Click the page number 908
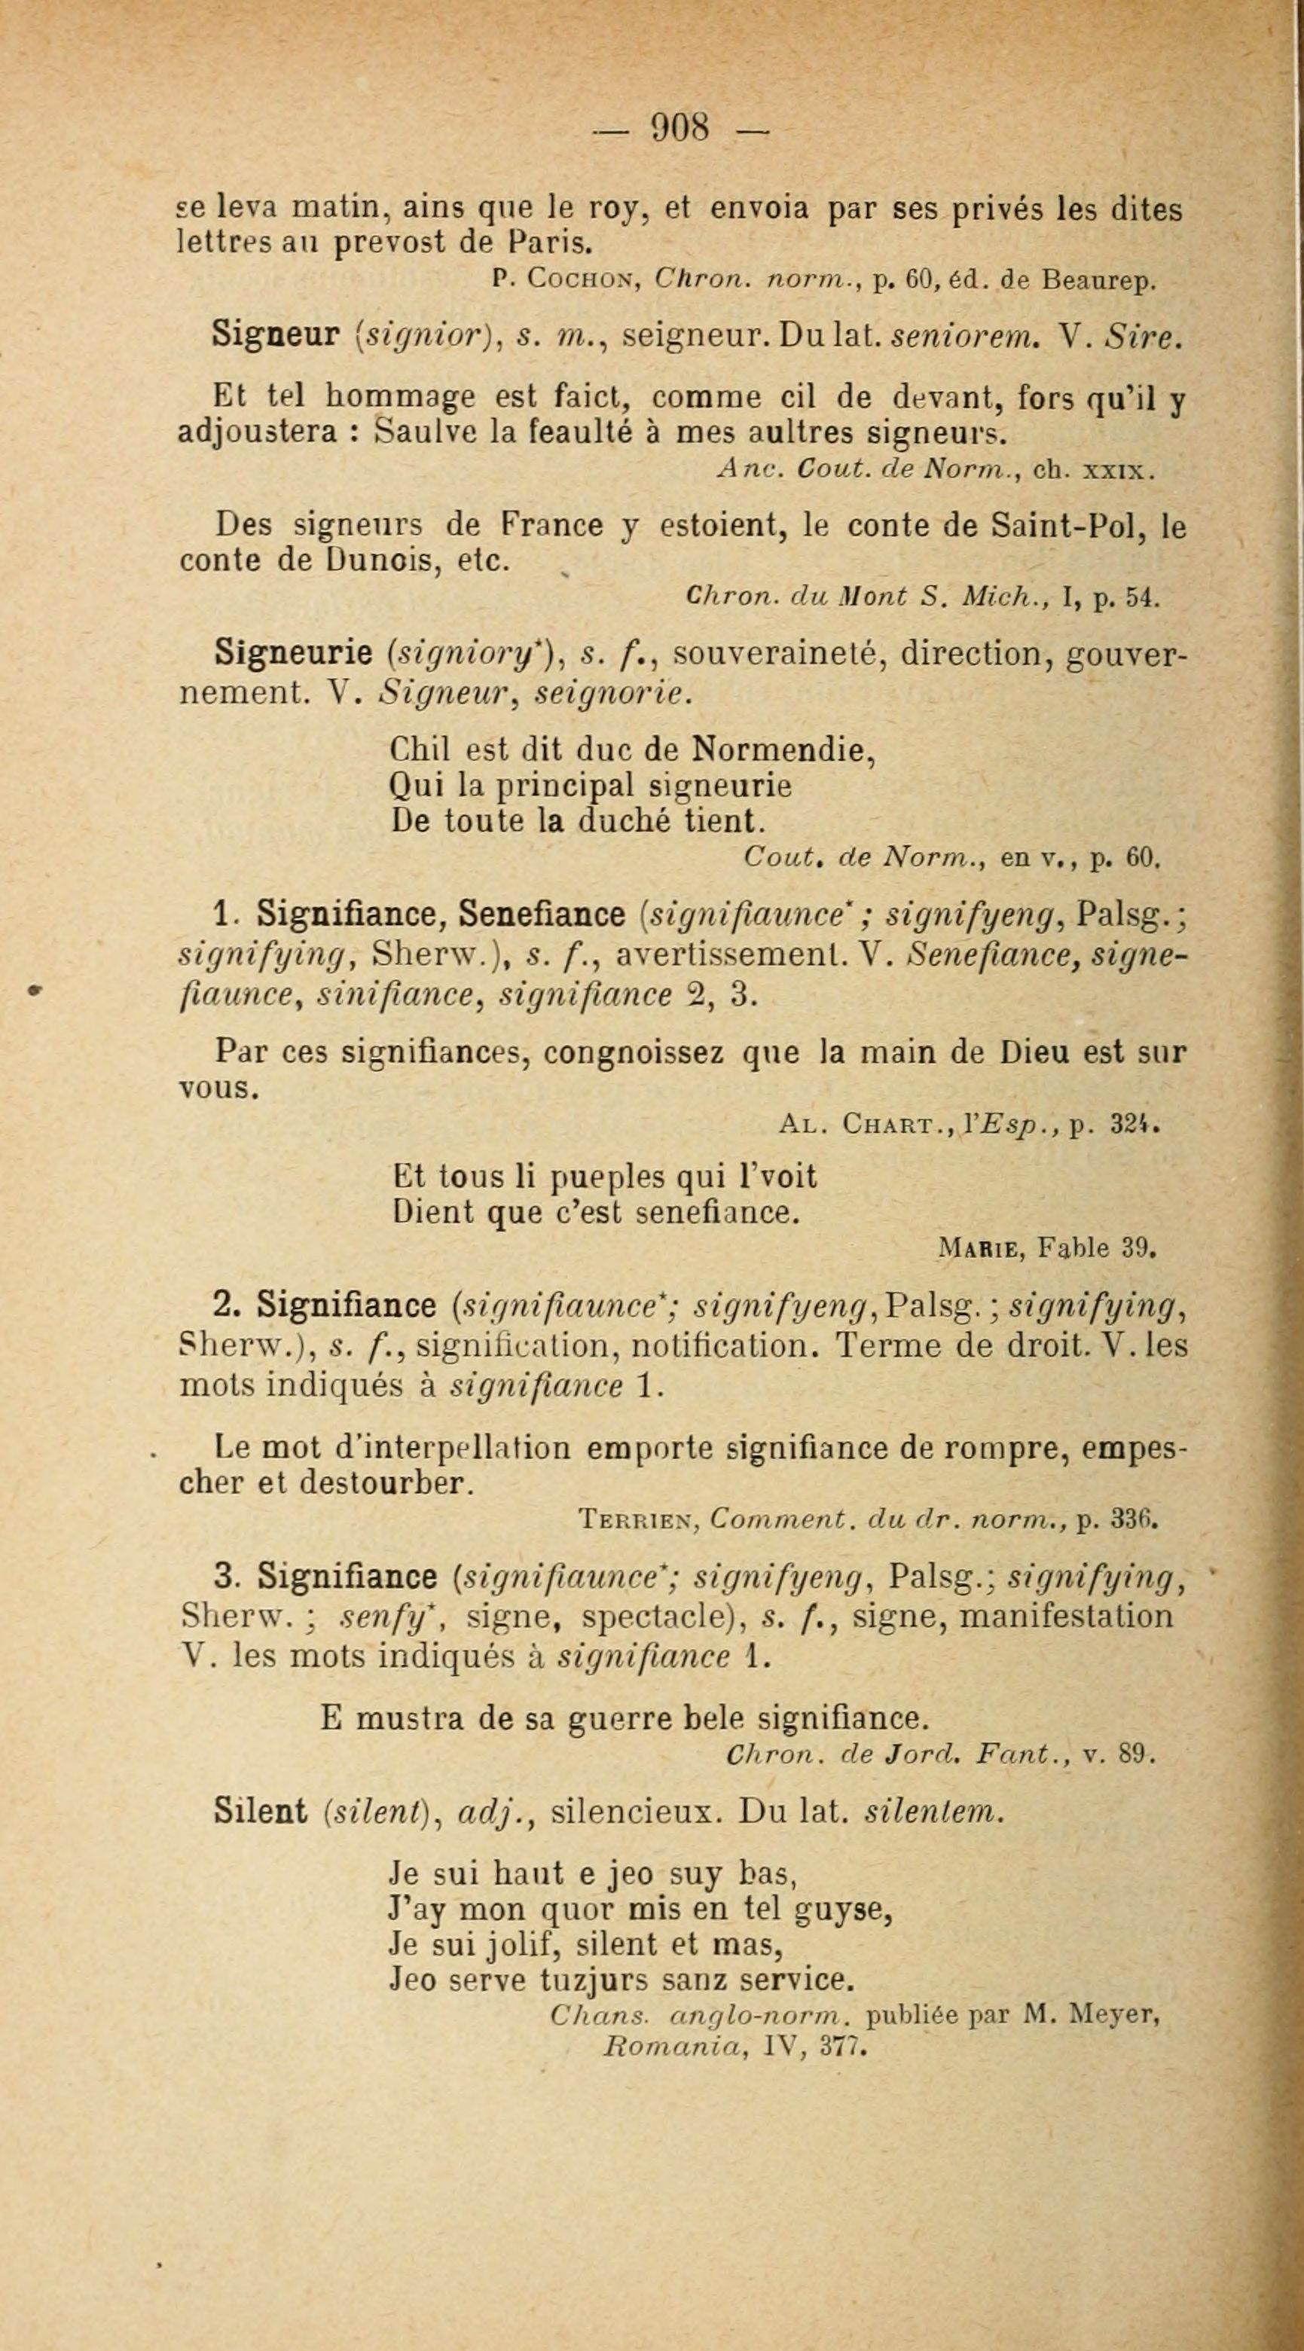pyautogui.click(x=679, y=127)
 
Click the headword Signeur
pyautogui.click(x=276, y=335)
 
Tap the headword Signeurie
pyautogui.click(x=294, y=652)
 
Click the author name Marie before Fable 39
pyautogui.click(x=985, y=1247)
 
